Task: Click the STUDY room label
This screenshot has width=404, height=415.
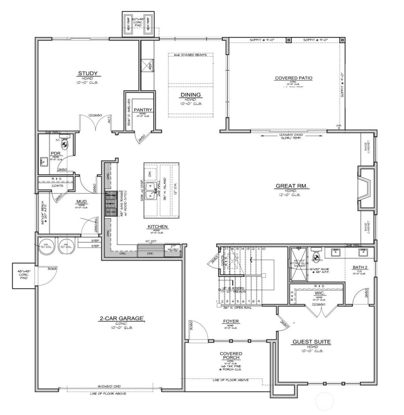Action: (88, 73)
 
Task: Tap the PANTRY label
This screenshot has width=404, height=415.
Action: (142, 110)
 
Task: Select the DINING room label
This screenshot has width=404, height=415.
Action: (191, 95)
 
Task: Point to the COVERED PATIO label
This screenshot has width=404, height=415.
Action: (294, 78)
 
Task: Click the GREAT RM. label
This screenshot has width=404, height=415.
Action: (292, 186)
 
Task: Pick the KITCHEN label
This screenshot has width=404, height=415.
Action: (158, 227)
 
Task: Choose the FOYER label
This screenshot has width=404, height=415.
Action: (231, 321)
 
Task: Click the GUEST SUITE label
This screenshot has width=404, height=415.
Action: (311, 342)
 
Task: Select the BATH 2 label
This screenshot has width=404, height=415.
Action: (360, 268)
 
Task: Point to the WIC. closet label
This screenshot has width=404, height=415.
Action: (319, 294)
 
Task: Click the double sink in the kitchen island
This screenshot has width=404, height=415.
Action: (151, 191)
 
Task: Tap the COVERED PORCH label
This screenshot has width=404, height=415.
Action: (231, 355)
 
